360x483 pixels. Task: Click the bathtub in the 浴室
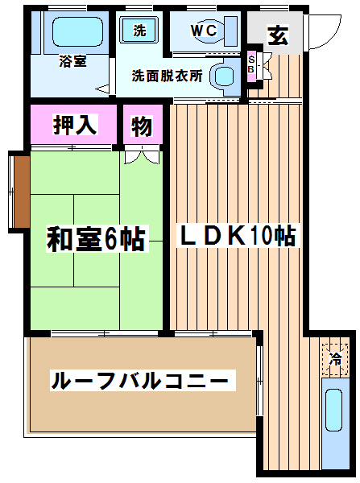coord(77,31)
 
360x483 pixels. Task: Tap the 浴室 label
coord(72,61)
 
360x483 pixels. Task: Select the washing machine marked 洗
coord(139,31)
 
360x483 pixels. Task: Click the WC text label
coord(204,31)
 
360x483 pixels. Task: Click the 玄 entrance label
coord(278,35)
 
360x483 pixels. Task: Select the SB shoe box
coord(251,65)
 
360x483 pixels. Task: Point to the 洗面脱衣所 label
coord(168,76)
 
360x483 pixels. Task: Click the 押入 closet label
coord(75,125)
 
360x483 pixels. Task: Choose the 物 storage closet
coord(143,125)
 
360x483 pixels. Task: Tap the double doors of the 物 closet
coord(143,155)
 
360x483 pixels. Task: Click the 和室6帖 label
coord(97,239)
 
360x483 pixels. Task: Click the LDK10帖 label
coord(238,235)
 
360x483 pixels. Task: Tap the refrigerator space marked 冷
coord(335,358)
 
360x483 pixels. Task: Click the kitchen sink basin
coord(333,411)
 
